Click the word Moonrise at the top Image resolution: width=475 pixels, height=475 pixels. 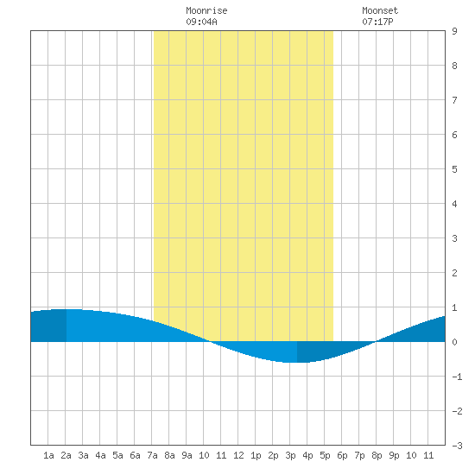tap(206, 10)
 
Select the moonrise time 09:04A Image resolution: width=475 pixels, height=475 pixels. tap(201, 22)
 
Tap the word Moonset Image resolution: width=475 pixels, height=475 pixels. tap(380, 10)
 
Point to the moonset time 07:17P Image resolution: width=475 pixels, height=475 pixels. tap(377, 22)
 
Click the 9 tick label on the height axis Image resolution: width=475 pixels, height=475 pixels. tap(454, 31)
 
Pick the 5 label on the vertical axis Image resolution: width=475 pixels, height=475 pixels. tap(454, 169)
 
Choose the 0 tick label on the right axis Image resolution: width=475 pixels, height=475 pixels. tap(454, 342)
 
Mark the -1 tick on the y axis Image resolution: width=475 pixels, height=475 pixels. tap(457, 377)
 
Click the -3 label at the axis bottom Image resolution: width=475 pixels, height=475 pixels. tap(457, 446)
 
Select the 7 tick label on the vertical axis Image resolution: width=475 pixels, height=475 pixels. tap(454, 100)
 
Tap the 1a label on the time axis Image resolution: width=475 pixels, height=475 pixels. tap(48, 455)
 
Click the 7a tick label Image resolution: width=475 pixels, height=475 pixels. tap(152, 455)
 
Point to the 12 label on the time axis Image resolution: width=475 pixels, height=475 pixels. tap(238, 455)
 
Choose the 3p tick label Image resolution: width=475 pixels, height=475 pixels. tap(290, 455)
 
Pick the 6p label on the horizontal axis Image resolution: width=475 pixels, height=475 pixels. tap(342, 455)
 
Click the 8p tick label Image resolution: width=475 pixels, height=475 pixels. tap(377, 455)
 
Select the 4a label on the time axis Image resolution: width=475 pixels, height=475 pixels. tap(100, 455)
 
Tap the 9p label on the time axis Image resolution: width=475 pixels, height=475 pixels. tap(394, 455)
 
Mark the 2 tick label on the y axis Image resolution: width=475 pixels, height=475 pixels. tap(454, 273)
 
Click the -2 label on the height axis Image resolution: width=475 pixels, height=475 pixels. tap(457, 411)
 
